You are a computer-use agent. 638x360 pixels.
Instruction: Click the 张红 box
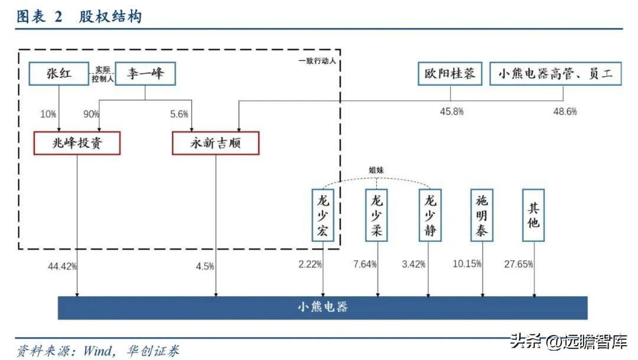[x=59, y=74]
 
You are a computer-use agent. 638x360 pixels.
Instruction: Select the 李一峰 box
[x=145, y=74]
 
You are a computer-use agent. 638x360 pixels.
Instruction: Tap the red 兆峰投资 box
[x=77, y=143]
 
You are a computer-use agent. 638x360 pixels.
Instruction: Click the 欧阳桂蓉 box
[x=450, y=74]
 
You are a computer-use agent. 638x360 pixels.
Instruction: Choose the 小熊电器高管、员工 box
[x=555, y=74]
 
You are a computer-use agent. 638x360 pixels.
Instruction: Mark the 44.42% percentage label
[x=63, y=266]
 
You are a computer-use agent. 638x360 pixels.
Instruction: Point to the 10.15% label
[x=467, y=264]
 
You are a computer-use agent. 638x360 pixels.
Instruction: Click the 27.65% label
[x=519, y=264]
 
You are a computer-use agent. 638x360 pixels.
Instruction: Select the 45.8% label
[x=451, y=111]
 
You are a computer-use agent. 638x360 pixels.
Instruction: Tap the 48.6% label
[x=565, y=111]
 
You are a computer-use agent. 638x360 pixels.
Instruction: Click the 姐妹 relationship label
[x=377, y=170]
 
